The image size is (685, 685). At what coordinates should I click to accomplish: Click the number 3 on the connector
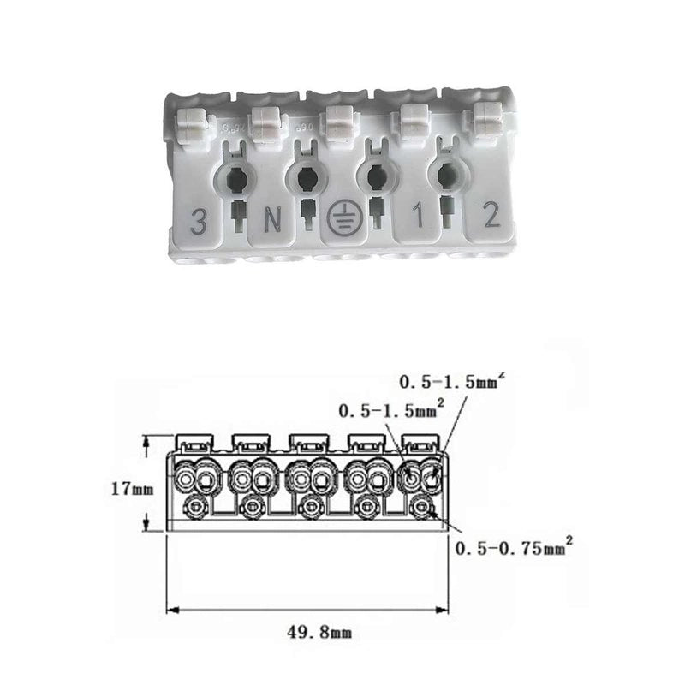click(x=200, y=221)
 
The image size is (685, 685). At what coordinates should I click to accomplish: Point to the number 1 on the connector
click(x=418, y=216)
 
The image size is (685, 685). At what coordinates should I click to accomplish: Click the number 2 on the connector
click(x=492, y=215)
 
